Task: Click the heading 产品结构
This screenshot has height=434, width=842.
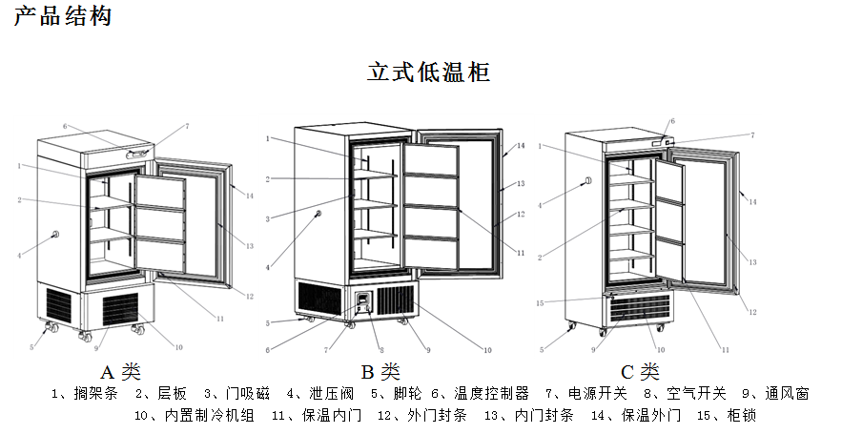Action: pyautogui.click(x=62, y=17)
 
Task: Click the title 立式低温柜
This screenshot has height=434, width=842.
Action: pyautogui.click(x=429, y=72)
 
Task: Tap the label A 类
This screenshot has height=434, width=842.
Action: pyautogui.click(x=121, y=371)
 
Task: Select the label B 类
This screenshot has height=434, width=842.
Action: pyautogui.click(x=380, y=371)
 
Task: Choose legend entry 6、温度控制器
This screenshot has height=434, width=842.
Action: pyautogui.click(x=481, y=393)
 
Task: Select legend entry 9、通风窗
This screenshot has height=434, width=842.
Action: pyautogui.click(x=775, y=393)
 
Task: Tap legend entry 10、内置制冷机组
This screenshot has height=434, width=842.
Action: pyautogui.click(x=195, y=415)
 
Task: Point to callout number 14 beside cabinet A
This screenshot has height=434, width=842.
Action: pyautogui.click(x=249, y=196)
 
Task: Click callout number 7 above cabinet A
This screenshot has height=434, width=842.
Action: pyautogui.click(x=186, y=126)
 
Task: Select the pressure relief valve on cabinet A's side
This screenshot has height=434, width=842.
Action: pyautogui.click(x=55, y=235)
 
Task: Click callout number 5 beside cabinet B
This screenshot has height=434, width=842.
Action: pyautogui.click(x=269, y=321)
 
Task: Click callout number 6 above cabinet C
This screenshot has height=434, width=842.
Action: pyautogui.click(x=672, y=121)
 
